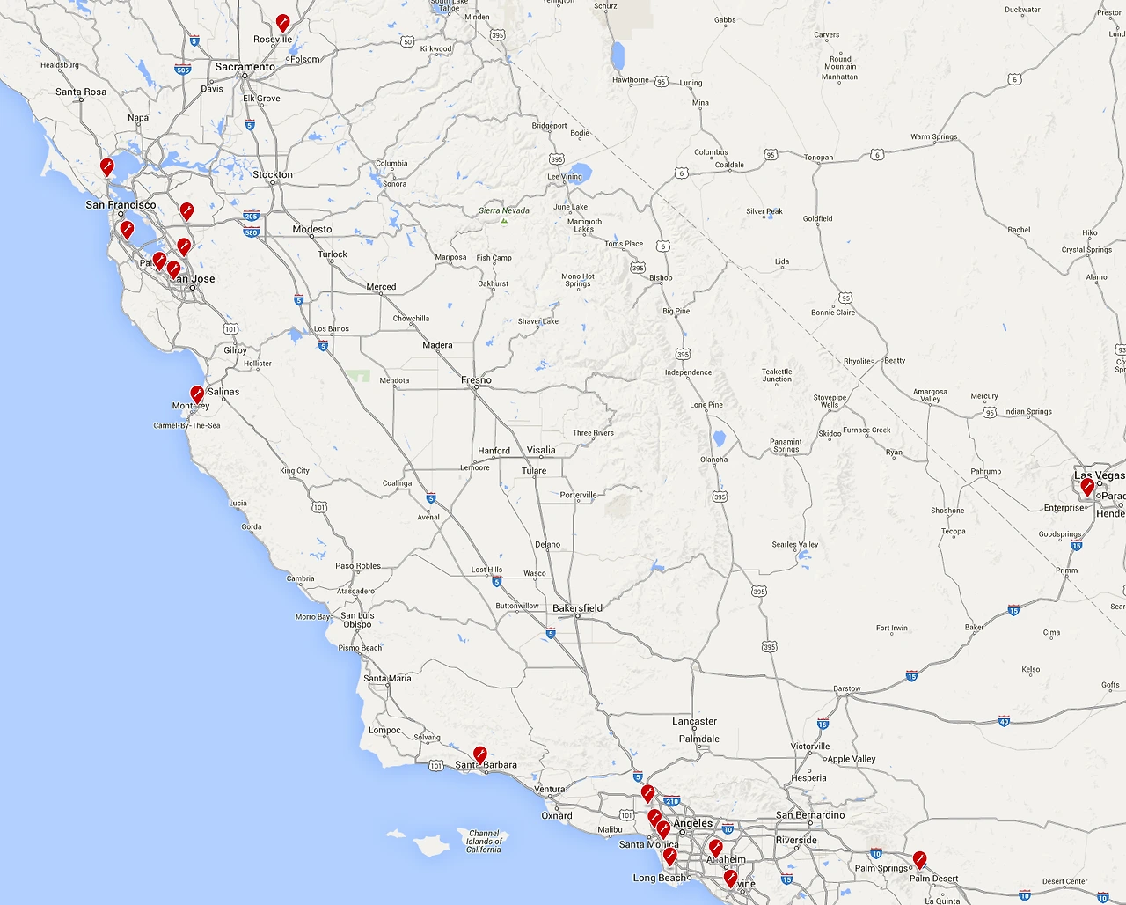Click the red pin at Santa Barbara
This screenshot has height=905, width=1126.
pyautogui.click(x=480, y=754)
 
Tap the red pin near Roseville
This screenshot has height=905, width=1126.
pyautogui.click(x=282, y=22)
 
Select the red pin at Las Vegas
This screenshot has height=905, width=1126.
pyautogui.click(x=1087, y=486)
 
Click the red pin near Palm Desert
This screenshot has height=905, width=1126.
pyautogui.click(x=919, y=859)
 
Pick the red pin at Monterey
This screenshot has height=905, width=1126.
pyautogui.click(x=197, y=394)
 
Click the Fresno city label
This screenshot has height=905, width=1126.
pyautogui.click(x=476, y=380)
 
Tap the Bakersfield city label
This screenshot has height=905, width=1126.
pyautogui.click(x=577, y=608)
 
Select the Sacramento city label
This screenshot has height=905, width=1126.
pyautogui.click(x=245, y=67)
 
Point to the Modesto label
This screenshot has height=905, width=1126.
pyautogui.click(x=312, y=229)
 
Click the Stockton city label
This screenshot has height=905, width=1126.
pyautogui.click(x=273, y=174)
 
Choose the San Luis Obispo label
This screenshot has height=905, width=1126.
pyautogui.click(x=356, y=620)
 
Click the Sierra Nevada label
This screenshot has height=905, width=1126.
pyautogui.click(x=504, y=210)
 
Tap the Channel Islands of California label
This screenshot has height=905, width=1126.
pyautogui.click(x=484, y=841)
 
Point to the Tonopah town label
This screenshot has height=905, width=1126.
pyautogui.click(x=818, y=158)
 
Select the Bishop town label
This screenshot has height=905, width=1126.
pyautogui.click(x=661, y=277)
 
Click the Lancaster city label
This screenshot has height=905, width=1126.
pyautogui.click(x=694, y=721)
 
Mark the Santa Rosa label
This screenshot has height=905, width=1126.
pyautogui.click(x=81, y=92)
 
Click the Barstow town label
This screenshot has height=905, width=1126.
pyautogui.click(x=847, y=688)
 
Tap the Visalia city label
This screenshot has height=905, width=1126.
pyautogui.click(x=541, y=450)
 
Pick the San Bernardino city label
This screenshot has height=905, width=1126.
pyautogui.click(x=809, y=815)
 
